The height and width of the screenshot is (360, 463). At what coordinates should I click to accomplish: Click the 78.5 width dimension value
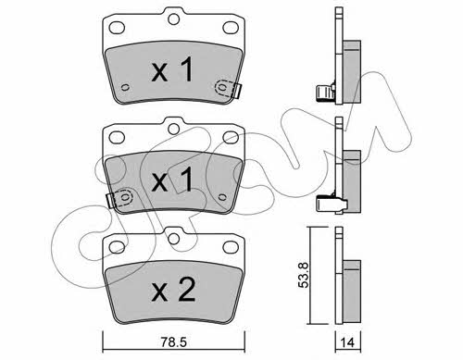pos(174,341)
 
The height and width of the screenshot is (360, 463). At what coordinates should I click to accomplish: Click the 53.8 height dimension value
pos(304,275)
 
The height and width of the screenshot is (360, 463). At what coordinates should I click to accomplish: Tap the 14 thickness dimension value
pos(348,342)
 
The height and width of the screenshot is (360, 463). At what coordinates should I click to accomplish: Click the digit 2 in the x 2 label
pos(185,290)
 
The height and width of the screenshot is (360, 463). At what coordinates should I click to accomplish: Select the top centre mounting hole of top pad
pos(174,19)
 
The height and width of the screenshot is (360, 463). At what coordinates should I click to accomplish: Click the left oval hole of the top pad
pos(117,28)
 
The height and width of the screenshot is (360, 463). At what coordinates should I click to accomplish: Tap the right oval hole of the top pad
pos(231,28)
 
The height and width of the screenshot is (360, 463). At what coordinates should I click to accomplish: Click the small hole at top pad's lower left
pos(125,88)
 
